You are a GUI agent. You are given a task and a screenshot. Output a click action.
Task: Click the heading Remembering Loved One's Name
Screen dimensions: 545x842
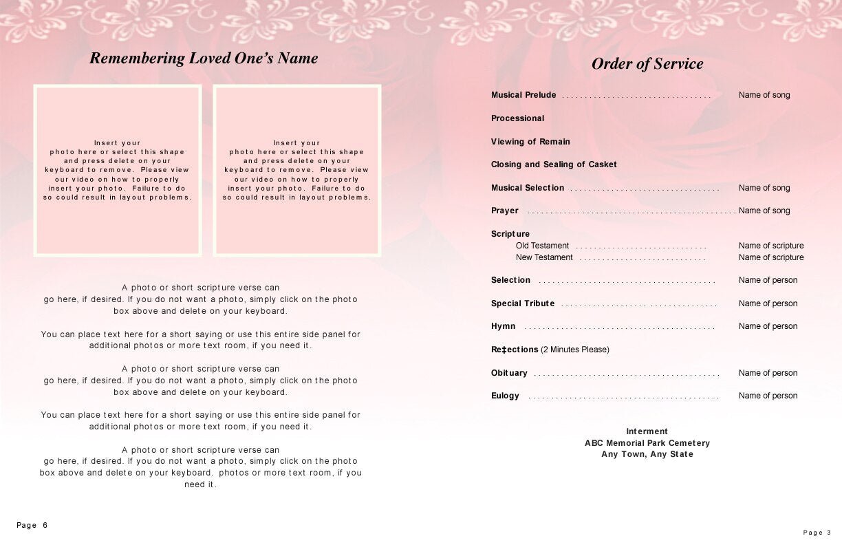pos(204,58)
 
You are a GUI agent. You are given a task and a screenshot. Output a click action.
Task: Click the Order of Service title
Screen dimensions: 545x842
pos(647,64)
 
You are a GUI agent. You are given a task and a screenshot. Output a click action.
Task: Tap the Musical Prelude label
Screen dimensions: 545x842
pos(523,95)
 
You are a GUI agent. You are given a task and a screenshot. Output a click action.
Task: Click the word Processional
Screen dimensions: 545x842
pos(517,118)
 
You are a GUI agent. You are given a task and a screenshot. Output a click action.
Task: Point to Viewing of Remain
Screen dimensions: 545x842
pos(530,142)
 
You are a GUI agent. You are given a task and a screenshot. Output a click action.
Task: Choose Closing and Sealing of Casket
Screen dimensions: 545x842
pos(554,164)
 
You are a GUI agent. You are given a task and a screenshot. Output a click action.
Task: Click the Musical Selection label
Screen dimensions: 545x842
pos(528,188)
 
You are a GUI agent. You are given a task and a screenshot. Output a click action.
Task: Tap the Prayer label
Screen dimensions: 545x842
pos(505,211)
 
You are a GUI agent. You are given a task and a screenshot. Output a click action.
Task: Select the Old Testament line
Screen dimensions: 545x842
pos(543,246)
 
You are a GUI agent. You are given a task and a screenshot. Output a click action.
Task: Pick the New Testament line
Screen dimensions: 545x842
pos(544,257)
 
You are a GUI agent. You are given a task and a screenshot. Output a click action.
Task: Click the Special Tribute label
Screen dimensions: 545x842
pos(523,303)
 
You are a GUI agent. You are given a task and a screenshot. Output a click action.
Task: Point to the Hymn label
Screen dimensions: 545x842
pos(503,326)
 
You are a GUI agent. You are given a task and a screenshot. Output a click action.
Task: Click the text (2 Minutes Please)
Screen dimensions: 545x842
pos(575,350)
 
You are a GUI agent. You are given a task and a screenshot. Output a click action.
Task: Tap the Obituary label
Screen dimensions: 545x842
pos(509,373)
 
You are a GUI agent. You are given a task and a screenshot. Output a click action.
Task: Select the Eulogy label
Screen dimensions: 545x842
pos(505,396)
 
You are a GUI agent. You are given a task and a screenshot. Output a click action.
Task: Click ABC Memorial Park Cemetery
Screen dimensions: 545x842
pos(647,443)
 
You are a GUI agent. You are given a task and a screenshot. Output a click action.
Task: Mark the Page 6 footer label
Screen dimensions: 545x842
pos(32,525)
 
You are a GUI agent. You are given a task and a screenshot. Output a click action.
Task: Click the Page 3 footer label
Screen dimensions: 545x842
pos(817,532)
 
